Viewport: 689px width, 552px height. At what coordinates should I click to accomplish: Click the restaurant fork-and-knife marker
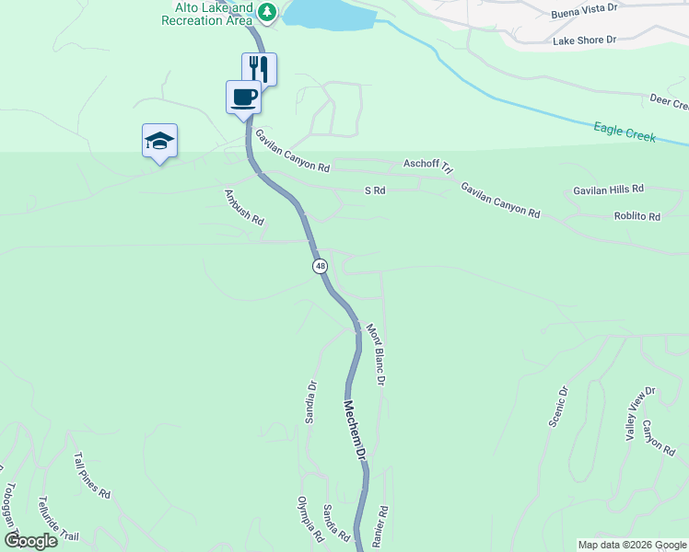[260, 69]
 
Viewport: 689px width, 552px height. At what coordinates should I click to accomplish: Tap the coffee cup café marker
[243, 97]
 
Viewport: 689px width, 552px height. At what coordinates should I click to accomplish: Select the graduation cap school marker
[160, 141]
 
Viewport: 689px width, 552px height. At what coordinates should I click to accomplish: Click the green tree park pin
[267, 12]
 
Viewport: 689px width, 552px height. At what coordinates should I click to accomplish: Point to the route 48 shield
[320, 266]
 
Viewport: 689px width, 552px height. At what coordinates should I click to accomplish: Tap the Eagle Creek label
[625, 134]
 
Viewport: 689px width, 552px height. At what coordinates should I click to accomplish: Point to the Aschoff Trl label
[429, 165]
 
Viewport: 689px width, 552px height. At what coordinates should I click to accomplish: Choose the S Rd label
[375, 190]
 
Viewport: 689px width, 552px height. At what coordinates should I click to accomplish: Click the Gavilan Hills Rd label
[608, 189]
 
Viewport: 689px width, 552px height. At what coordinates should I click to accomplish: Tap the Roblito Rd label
[637, 217]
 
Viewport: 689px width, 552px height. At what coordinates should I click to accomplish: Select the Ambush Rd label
[244, 208]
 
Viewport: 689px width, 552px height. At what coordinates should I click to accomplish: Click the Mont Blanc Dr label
[375, 353]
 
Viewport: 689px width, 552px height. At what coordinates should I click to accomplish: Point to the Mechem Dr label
[356, 431]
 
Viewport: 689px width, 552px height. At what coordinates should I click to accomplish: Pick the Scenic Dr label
[558, 405]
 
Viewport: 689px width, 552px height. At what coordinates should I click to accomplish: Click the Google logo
[30, 541]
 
